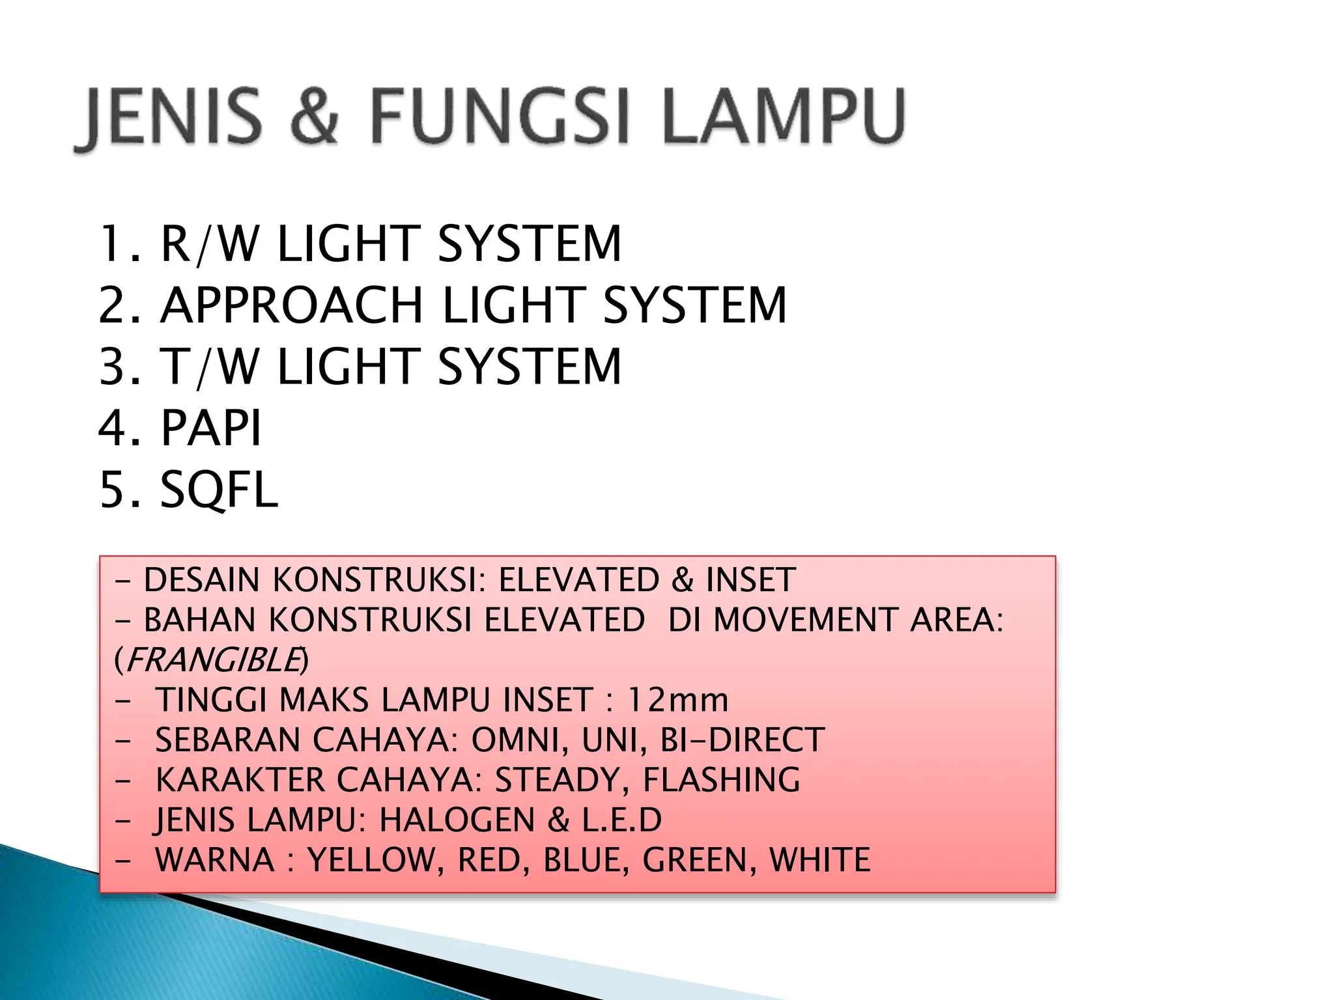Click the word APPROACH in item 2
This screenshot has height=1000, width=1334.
tap(292, 305)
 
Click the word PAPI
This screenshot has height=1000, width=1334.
tap(211, 428)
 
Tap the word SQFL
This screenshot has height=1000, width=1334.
tap(219, 490)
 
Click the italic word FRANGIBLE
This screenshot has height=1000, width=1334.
tap(213, 660)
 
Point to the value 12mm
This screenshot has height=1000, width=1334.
tap(677, 700)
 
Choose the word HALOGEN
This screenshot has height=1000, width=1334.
tap(457, 820)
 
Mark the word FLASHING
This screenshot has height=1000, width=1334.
tap(722, 779)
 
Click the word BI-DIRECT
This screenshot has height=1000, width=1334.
tap(743, 740)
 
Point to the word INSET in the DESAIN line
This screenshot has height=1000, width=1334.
tap(750, 579)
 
